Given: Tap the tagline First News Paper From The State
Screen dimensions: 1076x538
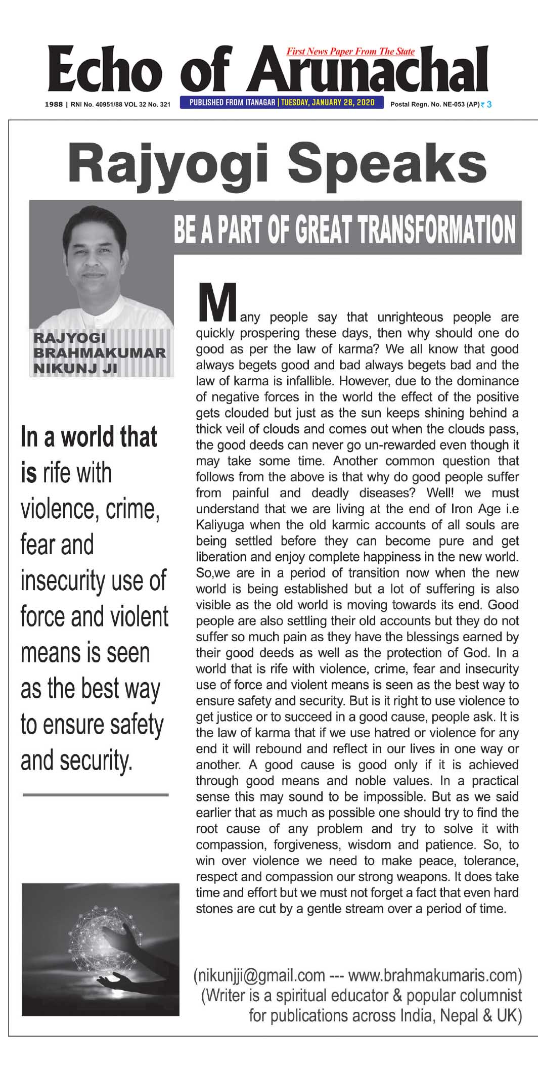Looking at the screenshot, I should coord(350,52).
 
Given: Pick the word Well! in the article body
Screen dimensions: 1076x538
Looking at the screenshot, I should coord(444,492).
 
